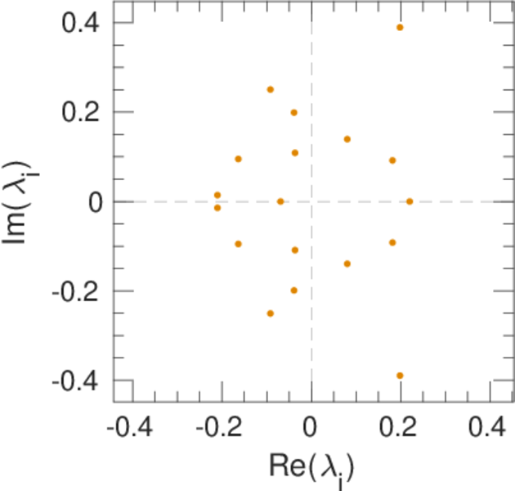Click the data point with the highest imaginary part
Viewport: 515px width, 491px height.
point(400,27)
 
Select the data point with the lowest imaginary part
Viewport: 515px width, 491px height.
point(400,376)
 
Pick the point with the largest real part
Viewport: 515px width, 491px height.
point(410,201)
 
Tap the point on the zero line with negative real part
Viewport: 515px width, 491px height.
point(280,201)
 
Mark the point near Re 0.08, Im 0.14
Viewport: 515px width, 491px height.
point(347,139)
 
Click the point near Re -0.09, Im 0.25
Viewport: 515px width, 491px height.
point(271,89)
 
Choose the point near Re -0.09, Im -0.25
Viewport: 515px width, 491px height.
point(271,313)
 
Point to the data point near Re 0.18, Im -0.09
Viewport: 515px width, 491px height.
point(392,242)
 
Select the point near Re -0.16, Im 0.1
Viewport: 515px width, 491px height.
point(238,159)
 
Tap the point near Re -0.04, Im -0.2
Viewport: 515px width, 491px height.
point(294,290)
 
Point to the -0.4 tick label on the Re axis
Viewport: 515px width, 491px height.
point(132,430)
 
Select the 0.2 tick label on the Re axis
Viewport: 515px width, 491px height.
point(401,430)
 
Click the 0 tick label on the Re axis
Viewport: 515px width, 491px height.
point(311,430)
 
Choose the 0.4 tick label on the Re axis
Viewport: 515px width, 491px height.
point(489,430)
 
